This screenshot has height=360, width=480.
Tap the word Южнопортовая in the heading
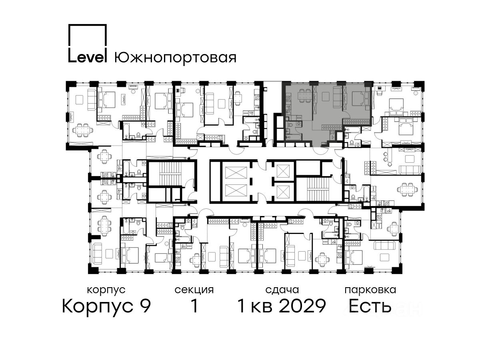(175, 58)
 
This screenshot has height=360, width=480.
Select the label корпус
(106, 290)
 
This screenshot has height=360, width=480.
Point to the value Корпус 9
(106, 306)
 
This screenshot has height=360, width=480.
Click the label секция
(194, 290)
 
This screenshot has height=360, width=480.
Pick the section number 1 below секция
(194, 306)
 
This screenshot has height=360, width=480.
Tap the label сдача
(282, 290)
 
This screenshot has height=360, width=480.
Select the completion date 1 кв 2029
(282, 306)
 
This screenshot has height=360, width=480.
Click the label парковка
(370, 290)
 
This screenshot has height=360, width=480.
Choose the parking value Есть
(370, 306)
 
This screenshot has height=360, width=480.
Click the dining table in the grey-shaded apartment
(305, 96)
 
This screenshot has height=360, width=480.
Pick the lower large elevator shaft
(236, 191)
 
